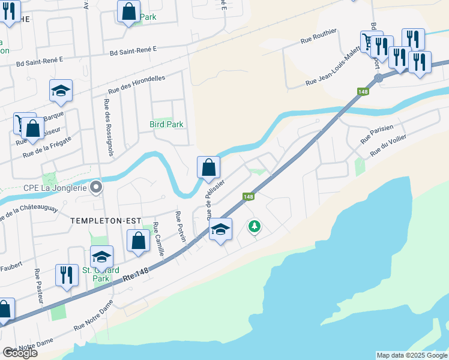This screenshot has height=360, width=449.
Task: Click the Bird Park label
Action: [x=166, y=124]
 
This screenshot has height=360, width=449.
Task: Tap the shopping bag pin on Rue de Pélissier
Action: [x=208, y=168]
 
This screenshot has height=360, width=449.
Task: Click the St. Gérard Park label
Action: [x=95, y=274]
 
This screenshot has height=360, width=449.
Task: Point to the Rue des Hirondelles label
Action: [x=145, y=85]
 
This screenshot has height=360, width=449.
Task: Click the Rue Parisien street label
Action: [x=376, y=134]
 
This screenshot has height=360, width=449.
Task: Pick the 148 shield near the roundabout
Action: [x=363, y=91]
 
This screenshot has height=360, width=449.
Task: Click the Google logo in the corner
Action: [x=20, y=353]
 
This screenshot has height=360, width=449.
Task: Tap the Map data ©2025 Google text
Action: [x=411, y=355]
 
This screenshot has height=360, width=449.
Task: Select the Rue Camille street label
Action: [x=158, y=240]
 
